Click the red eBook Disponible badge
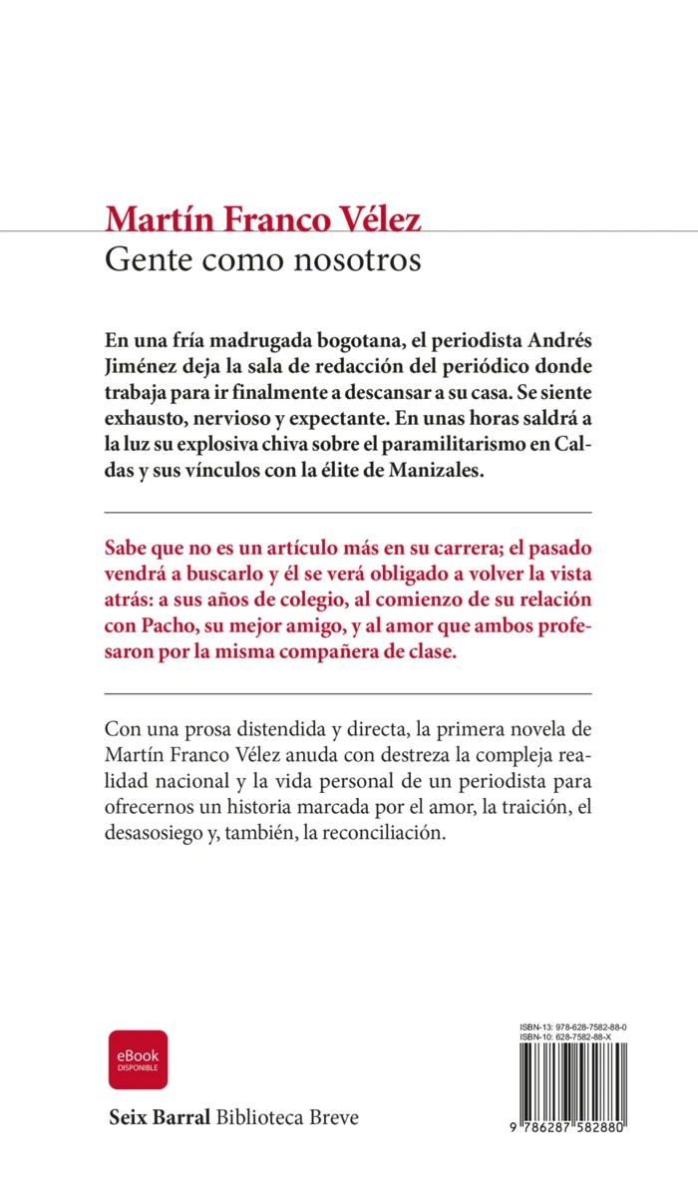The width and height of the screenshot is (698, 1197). tap(139, 1059)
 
